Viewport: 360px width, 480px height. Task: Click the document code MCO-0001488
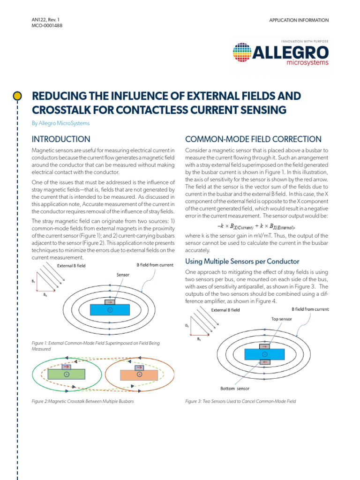[46, 26]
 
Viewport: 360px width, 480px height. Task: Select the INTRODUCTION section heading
[60, 139]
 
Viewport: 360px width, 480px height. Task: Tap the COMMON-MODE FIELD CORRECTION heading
[253, 139]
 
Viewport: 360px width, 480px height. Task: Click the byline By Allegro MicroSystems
[60, 123]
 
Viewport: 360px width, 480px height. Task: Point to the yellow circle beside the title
[17, 96]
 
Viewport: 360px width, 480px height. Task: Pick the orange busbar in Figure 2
[139, 375]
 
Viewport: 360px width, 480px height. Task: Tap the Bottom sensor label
[235, 388]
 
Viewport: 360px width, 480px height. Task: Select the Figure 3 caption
[240, 401]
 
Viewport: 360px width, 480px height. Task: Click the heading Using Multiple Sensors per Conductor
[242, 261]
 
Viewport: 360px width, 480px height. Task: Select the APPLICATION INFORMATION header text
[299, 20]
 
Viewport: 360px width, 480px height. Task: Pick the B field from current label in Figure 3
[310, 309]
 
